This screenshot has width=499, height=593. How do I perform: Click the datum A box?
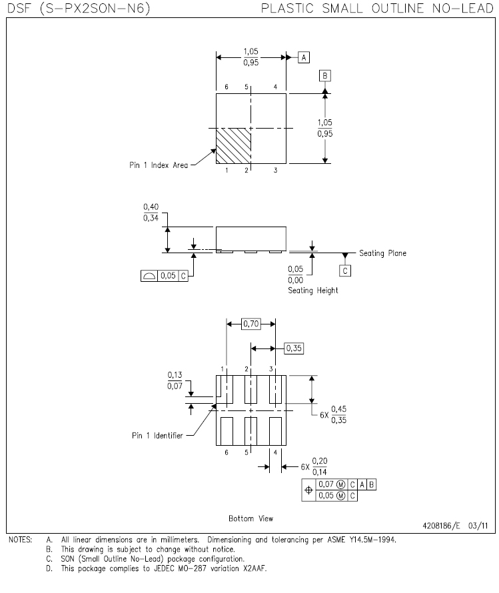click(304, 57)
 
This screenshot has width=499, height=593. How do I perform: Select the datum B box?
click(324, 76)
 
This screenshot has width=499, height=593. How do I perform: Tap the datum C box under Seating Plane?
click(344, 271)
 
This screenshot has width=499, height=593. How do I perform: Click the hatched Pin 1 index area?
click(233, 146)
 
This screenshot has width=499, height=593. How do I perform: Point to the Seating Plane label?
click(382, 253)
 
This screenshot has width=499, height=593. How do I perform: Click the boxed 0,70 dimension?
click(251, 324)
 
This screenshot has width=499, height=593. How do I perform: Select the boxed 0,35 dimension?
click(294, 348)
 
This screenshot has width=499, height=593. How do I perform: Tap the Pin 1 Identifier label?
click(157, 435)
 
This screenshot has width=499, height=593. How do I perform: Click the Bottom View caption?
click(250, 518)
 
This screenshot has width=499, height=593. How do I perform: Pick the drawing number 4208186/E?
click(441, 525)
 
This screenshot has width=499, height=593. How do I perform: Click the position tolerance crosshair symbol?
click(308, 490)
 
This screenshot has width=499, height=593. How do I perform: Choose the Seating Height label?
click(313, 291)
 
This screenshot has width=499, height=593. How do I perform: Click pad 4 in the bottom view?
click(276, 431)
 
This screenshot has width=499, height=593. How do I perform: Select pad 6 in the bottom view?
click(227, 431)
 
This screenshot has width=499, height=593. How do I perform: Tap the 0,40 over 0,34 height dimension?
click(151, 212)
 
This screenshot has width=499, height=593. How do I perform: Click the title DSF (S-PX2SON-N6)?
click(79, 8)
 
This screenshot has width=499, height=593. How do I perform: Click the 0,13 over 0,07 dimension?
click(175, 380)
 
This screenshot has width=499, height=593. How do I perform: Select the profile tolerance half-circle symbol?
click(149, 276)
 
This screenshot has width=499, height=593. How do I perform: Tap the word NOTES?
click(21, 540)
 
